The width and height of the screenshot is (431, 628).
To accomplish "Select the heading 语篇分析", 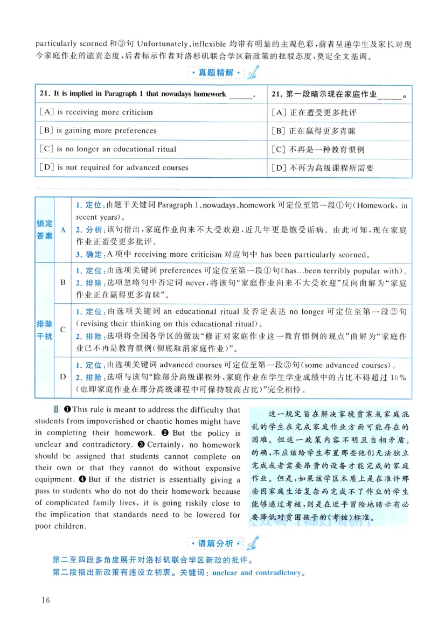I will (215, 542).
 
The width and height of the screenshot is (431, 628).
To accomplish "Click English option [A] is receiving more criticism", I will (96, 112).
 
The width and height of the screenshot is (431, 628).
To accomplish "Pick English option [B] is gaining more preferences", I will (98, 130).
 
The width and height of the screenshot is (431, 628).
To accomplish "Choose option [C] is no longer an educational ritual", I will (108, 149).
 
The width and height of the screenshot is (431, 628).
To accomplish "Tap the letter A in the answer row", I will (62, 229).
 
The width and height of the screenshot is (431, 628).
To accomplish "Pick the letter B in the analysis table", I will (62, 282).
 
